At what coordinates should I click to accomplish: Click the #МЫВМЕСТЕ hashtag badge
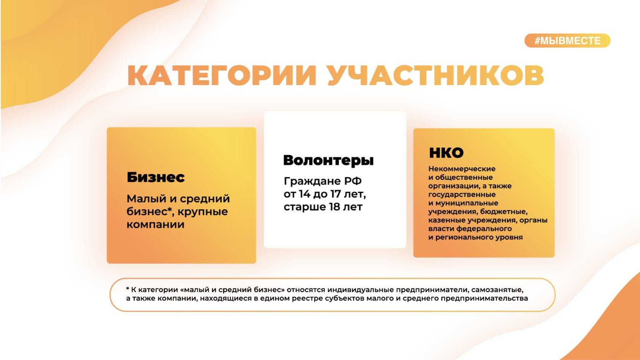567,41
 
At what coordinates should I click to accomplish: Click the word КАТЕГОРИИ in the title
222,75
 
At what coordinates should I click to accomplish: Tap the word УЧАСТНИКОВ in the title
436,75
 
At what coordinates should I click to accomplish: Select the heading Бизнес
156,177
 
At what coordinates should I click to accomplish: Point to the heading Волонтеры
328,161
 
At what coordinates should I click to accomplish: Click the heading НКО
446,153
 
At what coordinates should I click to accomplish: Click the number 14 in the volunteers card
305,194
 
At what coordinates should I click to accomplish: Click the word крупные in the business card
203,212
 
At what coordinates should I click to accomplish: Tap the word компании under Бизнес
155,224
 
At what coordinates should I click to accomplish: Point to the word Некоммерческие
462,169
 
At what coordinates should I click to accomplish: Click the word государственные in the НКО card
462,194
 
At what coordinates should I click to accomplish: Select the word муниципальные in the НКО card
467,203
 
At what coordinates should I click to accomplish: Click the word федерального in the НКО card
484,229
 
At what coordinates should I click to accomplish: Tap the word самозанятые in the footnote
497,290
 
